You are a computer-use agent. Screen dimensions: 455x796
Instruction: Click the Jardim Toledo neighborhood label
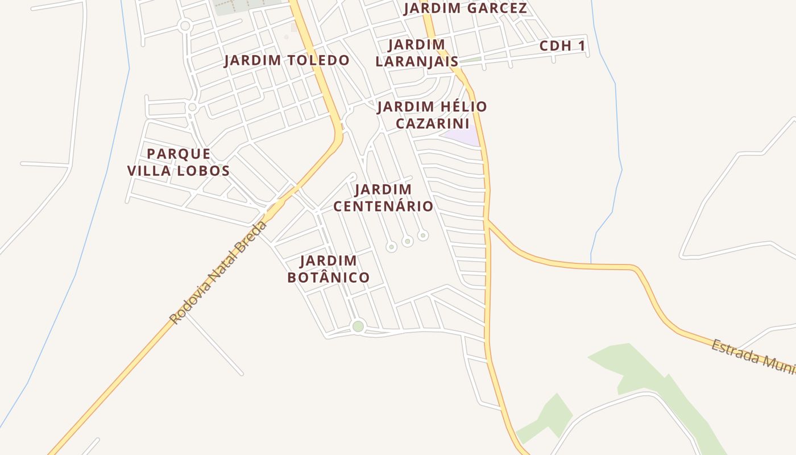coord(287,60)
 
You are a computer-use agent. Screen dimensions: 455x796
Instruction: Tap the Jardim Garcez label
coord(465,9)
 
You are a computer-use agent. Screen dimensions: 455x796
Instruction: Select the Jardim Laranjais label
coord(417,53)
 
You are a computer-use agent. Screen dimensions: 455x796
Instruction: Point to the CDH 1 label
coord(562,46)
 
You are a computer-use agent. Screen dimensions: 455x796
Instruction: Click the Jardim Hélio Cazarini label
coord(432,115)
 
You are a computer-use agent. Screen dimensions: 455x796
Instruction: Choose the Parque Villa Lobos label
coord(179,162)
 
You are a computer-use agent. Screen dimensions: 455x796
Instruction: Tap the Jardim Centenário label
coord(383,197)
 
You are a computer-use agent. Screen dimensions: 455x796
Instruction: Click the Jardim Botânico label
coord(329,269)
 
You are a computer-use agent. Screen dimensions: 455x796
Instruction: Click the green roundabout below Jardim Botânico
coord(358,326)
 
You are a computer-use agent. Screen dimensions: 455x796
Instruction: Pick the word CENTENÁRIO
coord(383,206)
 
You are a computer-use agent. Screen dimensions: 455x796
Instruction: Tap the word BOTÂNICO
coord(329,278)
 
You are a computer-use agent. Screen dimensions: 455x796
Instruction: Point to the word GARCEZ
coord(498,9)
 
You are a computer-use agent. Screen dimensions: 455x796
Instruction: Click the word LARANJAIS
coord(417,61)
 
